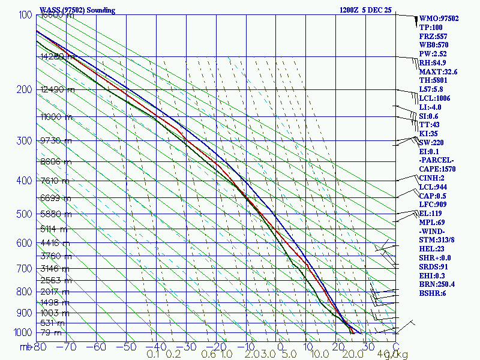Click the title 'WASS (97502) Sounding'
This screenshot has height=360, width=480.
77,10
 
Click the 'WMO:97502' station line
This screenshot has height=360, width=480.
439,19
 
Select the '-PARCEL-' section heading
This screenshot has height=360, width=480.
437,160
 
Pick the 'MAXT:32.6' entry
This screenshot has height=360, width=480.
439,71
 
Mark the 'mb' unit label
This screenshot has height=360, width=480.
25,346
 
